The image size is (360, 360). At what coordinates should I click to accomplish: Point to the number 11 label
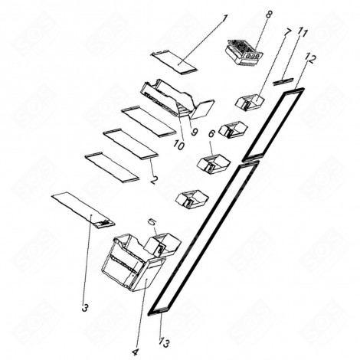click(x=304, y=33)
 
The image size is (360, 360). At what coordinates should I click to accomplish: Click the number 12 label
click(x=309, y=58)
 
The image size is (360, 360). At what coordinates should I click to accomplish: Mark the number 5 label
click(x=152, y=222)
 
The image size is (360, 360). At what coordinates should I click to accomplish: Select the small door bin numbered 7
click(x=250, y=101)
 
